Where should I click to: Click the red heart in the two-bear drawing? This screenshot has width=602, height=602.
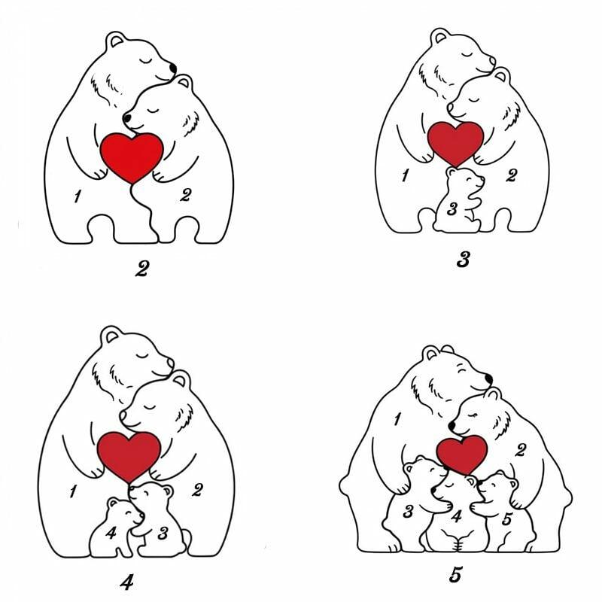click(132, 157)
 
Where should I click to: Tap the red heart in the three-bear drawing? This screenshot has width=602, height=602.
click(455, 143)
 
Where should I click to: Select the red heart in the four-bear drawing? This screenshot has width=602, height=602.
click(129, 455)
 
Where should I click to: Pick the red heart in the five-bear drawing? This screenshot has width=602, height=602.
click(462, 455)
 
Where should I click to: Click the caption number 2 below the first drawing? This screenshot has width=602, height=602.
click(141, 269)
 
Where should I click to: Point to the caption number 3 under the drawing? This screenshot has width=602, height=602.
click(464, 260)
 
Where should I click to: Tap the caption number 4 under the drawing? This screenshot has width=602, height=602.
click(126, 582)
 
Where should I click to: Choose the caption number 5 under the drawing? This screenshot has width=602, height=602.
click(455, 575)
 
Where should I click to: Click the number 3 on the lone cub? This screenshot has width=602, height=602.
click(452, 209)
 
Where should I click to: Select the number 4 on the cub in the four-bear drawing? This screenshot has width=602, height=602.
click(111, 533)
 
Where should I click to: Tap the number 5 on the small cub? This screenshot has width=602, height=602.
click(506, 519)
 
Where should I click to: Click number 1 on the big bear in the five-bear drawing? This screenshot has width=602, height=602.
click(397, 419)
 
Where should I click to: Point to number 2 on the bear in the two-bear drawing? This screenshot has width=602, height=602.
click(185, 195)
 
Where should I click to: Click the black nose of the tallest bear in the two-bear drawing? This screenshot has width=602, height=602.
click(173, 68)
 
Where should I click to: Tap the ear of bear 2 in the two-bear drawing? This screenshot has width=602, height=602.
click(184, 81)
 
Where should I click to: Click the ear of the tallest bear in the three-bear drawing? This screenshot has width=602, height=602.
click(439, 36)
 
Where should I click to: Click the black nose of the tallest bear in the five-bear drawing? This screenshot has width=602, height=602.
click(488, 379)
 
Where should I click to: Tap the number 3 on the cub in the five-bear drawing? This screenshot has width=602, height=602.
click(408, 511)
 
